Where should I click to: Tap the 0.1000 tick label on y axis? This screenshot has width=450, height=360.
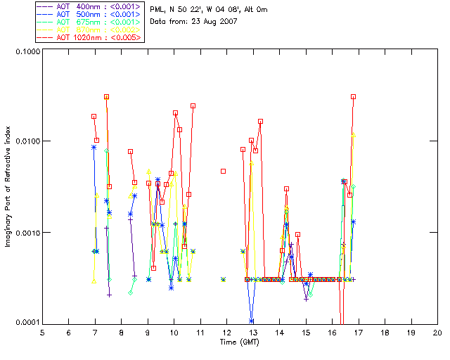tap(26, 52)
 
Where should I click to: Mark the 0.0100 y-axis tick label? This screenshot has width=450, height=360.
tap(26, 142)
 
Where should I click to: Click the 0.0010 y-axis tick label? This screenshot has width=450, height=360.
tap(26, 233)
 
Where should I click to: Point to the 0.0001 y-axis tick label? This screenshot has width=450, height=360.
tap(26, 323)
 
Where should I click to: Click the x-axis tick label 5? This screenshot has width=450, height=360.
tap(42, 333)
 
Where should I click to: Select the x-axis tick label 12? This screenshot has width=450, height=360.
tap(226, 333)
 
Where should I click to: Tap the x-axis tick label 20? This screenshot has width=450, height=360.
tap(437, 333)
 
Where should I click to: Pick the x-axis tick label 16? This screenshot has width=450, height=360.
tap(332, 333)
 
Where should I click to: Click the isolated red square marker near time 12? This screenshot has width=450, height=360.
tap(223, 171)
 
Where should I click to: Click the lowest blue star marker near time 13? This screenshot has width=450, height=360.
tap(251, 321)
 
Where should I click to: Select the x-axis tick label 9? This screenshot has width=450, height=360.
tap(148, 333)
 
